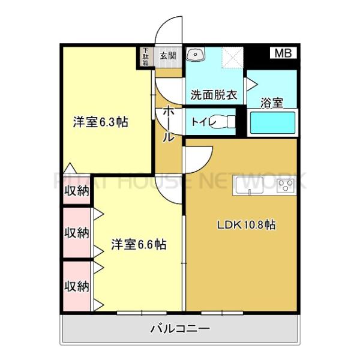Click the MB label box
(x=283, y=53)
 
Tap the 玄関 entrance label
(x=168, y=56)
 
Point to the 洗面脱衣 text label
(x=214, y=95)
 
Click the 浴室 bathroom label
(x=271, y=103)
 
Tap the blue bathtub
(x=272, y=123)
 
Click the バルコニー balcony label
(x=180, y=329)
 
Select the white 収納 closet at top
(x=77, y=191)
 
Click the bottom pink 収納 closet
(x=77, y=286)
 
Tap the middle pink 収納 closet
(x=77, y=232)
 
